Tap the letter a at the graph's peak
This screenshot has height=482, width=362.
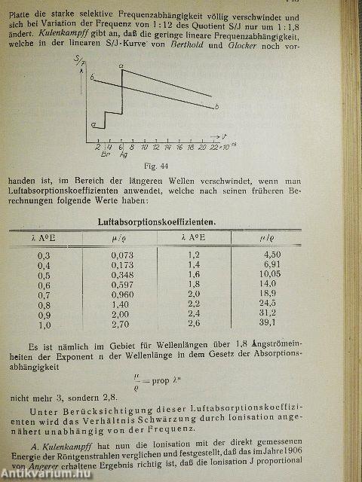click(121, 66)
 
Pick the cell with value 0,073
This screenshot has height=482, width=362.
click(123, 256)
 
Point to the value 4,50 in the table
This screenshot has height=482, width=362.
click(291, 256)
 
